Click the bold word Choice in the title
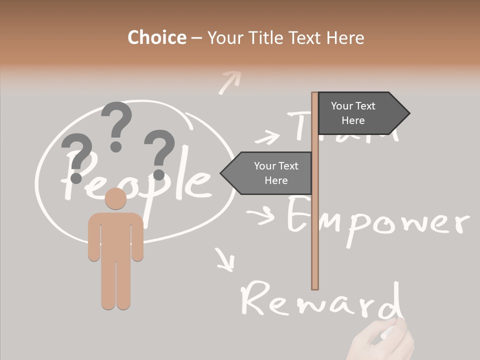(156, 37)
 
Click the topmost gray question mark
(116, 125)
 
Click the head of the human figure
(115, 198)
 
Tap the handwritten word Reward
(320, 300)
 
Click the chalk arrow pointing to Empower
(260, 215)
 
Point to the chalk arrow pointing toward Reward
(225, 259)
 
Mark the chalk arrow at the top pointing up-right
(229, 81)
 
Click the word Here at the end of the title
(345, 37)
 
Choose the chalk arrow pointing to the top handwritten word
(267, 136)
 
